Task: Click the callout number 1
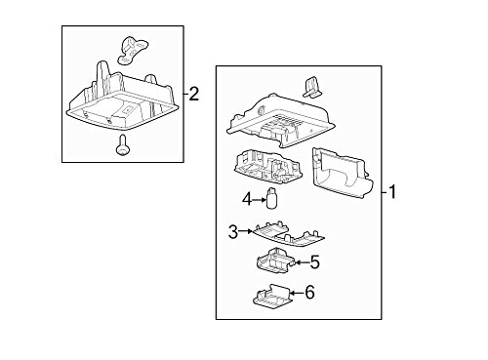pos(392,191)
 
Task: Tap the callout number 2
pos(194,94)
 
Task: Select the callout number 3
pos(232,231)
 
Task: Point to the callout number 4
pos(247,200)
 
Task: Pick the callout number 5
pos(314,260)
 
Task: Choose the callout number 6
pos(310,292)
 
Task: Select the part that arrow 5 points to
pos(275,260)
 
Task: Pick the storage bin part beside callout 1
pos(341,175)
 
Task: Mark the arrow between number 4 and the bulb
pos(260,200)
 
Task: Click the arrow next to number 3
pos(245,231)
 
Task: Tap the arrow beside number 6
pos(295,292)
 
